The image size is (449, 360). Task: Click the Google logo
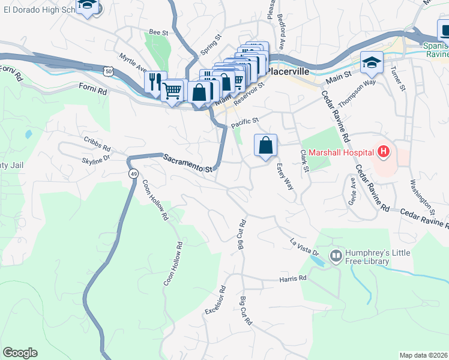[x=20, y=353]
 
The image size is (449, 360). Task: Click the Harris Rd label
[x=292, y=278]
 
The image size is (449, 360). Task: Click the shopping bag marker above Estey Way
[x=265, y=145]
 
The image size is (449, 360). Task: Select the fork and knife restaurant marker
[x=155, y=80]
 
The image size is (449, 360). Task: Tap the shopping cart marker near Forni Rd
[x=173, y=91]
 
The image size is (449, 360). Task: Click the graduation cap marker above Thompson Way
[x=372, y=61]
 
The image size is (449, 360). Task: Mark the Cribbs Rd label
[x=97, y=144]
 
